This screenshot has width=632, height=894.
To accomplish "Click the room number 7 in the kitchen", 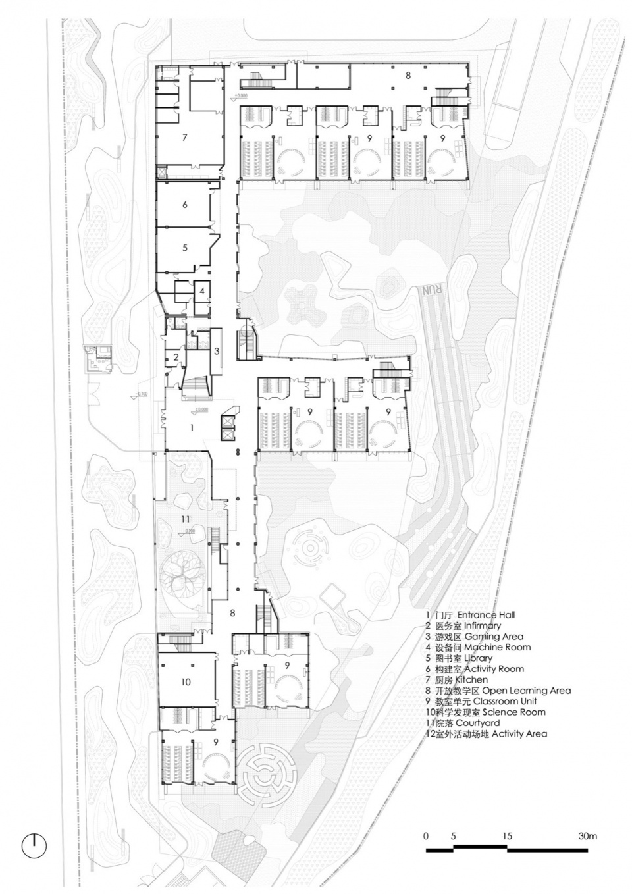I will coord(186,138).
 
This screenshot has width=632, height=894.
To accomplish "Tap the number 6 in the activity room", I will coord(185,205).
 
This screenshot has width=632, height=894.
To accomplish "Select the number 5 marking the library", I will coord(185,248).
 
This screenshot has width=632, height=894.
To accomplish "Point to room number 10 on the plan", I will coord(186,682).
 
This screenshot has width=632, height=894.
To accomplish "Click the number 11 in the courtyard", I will coord(186,520).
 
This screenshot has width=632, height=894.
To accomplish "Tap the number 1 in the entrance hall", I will coord(192,427).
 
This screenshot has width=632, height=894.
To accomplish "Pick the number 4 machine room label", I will coord(203,290).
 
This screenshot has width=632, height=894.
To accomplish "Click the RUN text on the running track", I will coord(431,290).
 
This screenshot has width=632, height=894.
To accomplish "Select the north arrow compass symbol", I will coord(34,845).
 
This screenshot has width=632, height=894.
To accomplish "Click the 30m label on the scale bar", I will coord(588,837).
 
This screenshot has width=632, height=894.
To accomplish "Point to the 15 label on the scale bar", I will coord(507,837).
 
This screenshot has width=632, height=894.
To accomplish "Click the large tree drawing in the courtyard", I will coord(187,572).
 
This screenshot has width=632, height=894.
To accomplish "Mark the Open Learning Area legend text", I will coord(526,691).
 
